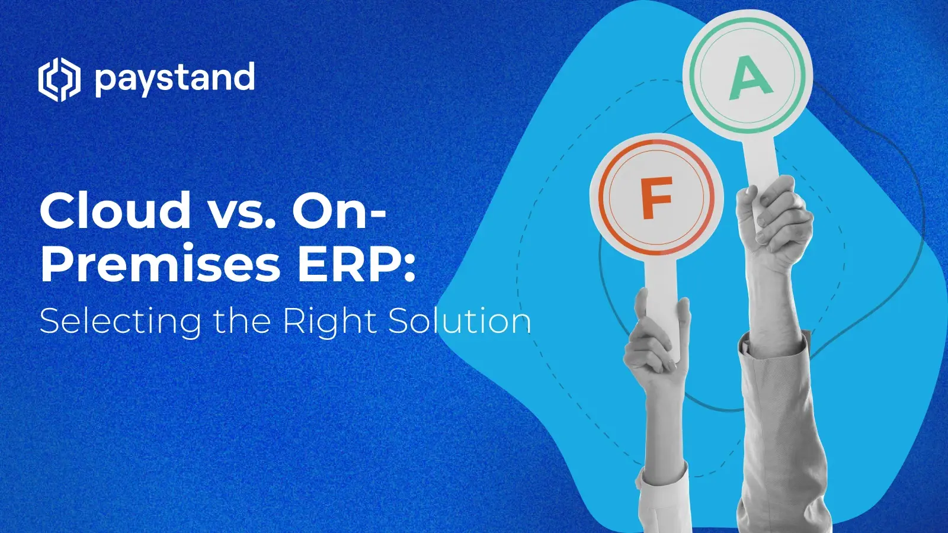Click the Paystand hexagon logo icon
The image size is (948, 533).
(x=59, y=79)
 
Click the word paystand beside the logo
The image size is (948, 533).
(x=175, y=79)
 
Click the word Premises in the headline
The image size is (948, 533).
(x=160, y=263)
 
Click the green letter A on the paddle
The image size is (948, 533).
(x=750, y=78)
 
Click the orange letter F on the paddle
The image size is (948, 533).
(x=656, y=198)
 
